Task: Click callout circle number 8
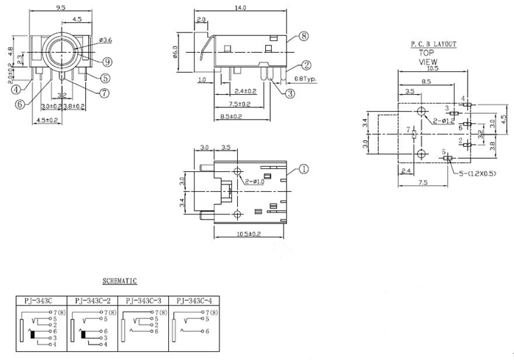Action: point(303,36)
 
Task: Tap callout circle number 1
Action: point(304,168)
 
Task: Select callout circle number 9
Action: point(107,61)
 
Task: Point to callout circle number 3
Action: point(290,93)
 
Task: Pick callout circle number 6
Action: point(20,104)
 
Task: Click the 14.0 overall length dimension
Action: point(240,8)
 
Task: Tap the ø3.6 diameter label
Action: point(105,39)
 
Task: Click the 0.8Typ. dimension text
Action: point(305,79)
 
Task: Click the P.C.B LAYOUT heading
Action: point(433,44)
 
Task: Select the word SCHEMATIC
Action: point(120,281)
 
